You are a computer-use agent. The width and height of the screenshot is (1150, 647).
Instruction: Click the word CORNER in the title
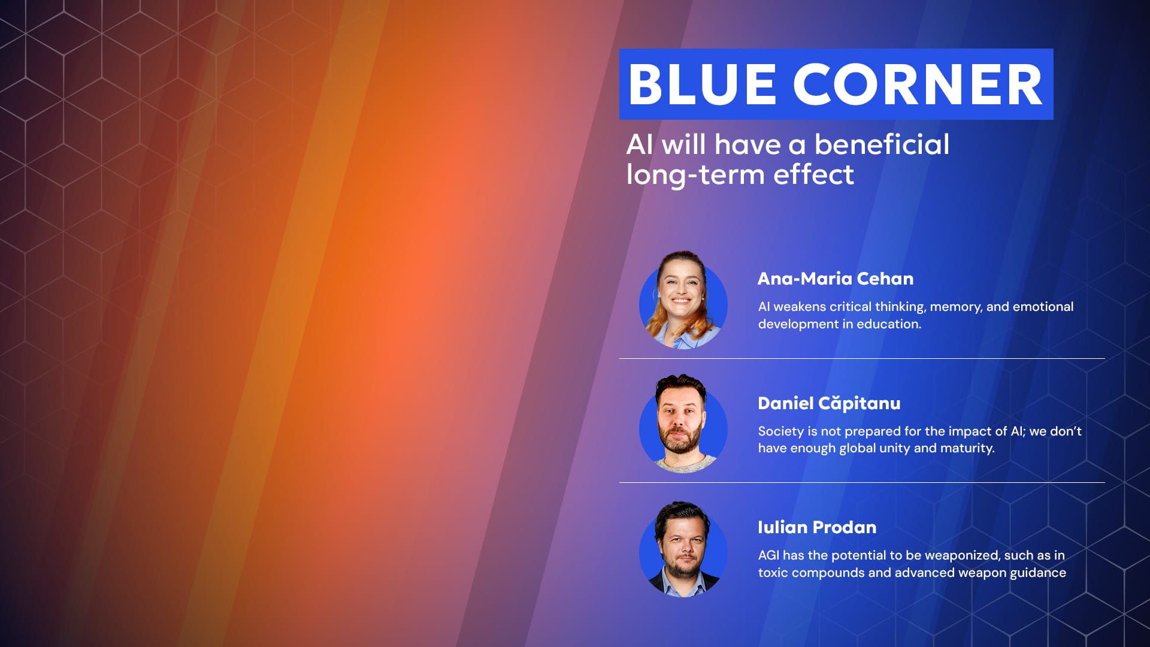click(x=918, y=84)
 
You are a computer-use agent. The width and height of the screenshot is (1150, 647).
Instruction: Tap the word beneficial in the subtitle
click(x=882, y=144)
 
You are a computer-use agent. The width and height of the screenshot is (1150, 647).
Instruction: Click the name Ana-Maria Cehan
click(x=836, y=279)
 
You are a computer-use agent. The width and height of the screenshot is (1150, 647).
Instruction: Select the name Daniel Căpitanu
click(x=829, y=403)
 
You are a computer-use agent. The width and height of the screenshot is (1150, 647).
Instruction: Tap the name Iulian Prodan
click(x=817, y=527)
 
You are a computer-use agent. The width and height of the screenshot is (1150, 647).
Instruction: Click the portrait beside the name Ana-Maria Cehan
click(x=683, y=300)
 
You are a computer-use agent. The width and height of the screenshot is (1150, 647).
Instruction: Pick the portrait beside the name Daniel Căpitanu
click(x=683, y=424)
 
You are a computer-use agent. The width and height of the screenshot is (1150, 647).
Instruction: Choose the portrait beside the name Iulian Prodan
click(x=683, y=549)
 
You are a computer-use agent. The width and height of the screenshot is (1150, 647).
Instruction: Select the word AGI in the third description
click(x=768, y=555)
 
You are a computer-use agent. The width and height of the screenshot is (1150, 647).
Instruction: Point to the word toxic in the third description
click(x=773, y=573)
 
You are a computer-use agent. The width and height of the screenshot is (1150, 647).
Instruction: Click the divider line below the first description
click(x=862, y=358)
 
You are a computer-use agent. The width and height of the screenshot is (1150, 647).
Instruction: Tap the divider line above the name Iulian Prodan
click(x=862, y=482)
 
